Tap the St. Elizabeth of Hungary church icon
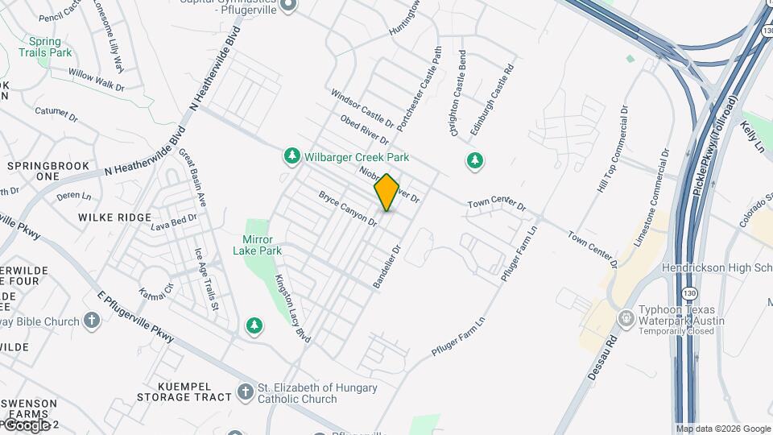click(x=246, y=393)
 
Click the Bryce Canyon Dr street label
click(x=348, y=208)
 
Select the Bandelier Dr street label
click(x=386, y=266)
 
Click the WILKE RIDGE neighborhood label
click(x=115, y=217)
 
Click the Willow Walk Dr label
click(x=97, y=79)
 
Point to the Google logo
click(x=27, y=425)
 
